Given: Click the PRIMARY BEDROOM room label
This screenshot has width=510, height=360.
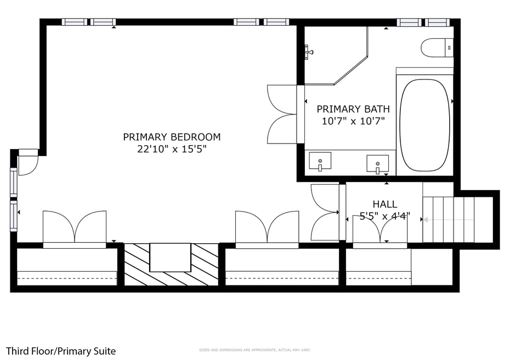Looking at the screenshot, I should [172, 137].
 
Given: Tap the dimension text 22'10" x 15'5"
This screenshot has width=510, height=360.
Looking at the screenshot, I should [172, 149].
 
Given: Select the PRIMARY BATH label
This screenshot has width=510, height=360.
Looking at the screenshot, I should [353, 109].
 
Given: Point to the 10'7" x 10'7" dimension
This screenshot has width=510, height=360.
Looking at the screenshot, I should [353, 121].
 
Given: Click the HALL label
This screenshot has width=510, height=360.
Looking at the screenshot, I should [384, 204].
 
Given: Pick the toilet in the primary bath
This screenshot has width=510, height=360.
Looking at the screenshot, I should [437, 48].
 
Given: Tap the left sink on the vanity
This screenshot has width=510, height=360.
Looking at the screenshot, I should [320, 162].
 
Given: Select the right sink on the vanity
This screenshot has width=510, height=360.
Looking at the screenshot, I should [377, 163].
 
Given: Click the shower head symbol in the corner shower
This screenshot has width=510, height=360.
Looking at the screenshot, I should [309, 53].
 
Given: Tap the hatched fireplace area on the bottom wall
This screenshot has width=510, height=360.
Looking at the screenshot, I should [171, 265].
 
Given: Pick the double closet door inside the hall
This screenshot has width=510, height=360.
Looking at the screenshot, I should [380, 231].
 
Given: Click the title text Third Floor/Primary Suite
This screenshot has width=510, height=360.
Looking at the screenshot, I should [61, 351].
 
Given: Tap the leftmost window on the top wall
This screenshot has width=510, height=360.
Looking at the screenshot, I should [75, 22].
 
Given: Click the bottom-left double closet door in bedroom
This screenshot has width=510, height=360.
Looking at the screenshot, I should [75, 227].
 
